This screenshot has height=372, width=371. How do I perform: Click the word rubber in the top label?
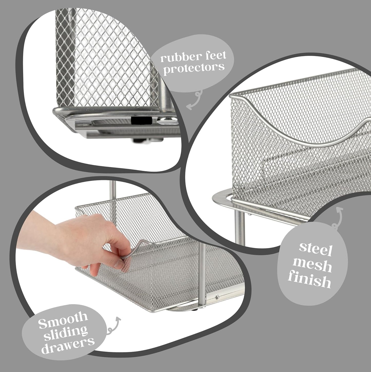[176, 57]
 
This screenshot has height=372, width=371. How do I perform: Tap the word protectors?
[194, 68]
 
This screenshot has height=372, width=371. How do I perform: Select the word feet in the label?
[214, 55]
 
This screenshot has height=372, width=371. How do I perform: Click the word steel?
[316, 249]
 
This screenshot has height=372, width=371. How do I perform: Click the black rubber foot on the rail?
[138, 120]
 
